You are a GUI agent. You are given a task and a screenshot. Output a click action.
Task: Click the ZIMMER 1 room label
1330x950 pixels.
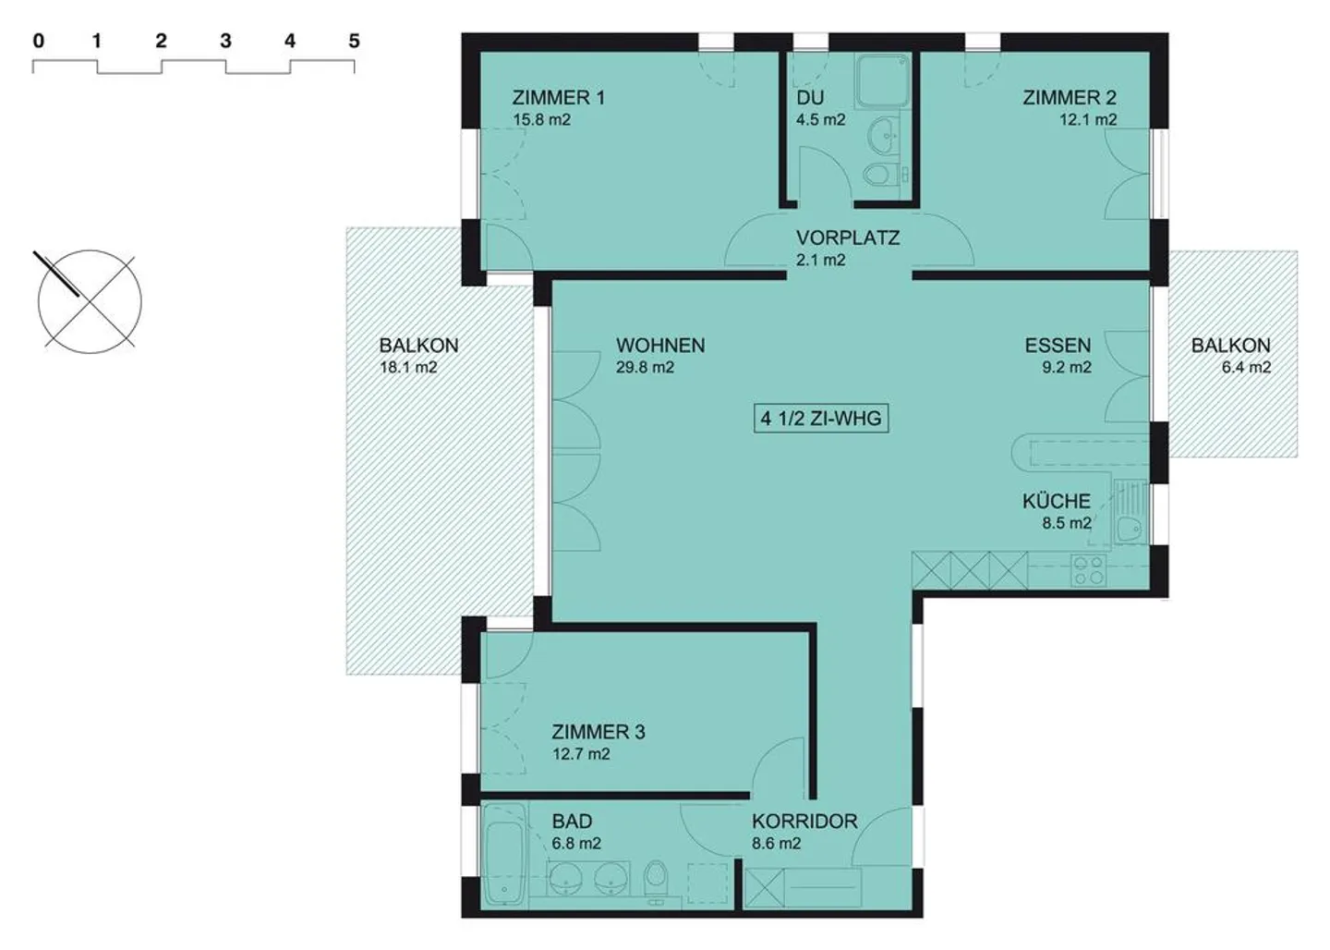[558, 97]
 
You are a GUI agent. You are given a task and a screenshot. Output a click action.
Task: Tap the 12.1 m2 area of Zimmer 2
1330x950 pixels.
[1087, 119]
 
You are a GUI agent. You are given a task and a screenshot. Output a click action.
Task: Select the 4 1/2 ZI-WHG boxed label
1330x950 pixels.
[820, 419]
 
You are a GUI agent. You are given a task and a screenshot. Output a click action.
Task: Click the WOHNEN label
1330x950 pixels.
[659, 345]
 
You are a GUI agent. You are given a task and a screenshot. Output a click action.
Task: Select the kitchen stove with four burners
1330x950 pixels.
[1088, 569]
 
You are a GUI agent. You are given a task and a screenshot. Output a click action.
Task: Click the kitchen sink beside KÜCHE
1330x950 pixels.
[1128, 528]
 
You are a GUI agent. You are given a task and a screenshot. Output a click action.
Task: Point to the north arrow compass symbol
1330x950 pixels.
[89, 300]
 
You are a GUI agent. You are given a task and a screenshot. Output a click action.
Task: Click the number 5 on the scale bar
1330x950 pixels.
[354, 41]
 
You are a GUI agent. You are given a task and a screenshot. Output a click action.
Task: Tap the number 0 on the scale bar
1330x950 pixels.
[38, 41]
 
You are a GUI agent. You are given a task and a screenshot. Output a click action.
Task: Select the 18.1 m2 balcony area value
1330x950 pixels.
[408, 367]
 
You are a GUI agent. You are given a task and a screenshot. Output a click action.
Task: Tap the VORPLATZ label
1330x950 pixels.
[847, 237]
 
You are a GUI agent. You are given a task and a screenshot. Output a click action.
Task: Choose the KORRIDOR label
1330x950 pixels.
[804, 821]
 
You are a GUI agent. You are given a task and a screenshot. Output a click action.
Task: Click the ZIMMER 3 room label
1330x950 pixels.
[598, 732]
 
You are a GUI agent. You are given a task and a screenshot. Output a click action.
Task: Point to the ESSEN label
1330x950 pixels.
[1058, 345]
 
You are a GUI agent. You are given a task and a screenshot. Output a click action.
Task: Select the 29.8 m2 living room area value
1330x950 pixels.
[645, 367]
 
